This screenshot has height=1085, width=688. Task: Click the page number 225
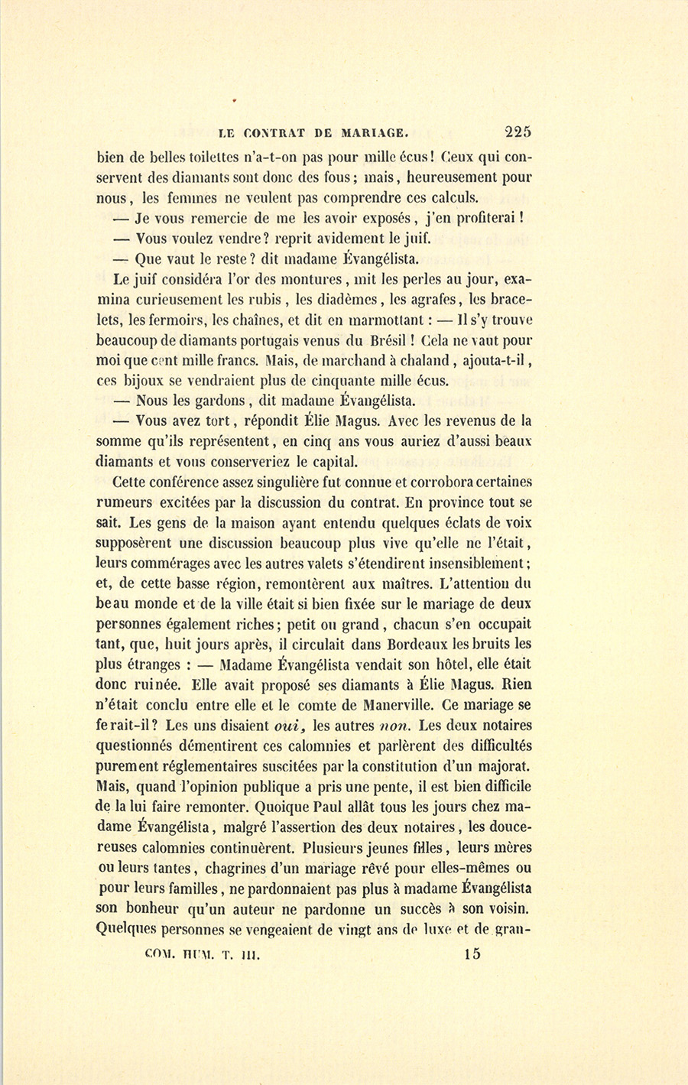(x=517, y=131)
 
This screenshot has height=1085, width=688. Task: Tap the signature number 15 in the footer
(x=472, y=953)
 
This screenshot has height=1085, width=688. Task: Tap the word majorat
(x=502, y=766)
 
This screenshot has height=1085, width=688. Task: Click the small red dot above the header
(x=235, y=99)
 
